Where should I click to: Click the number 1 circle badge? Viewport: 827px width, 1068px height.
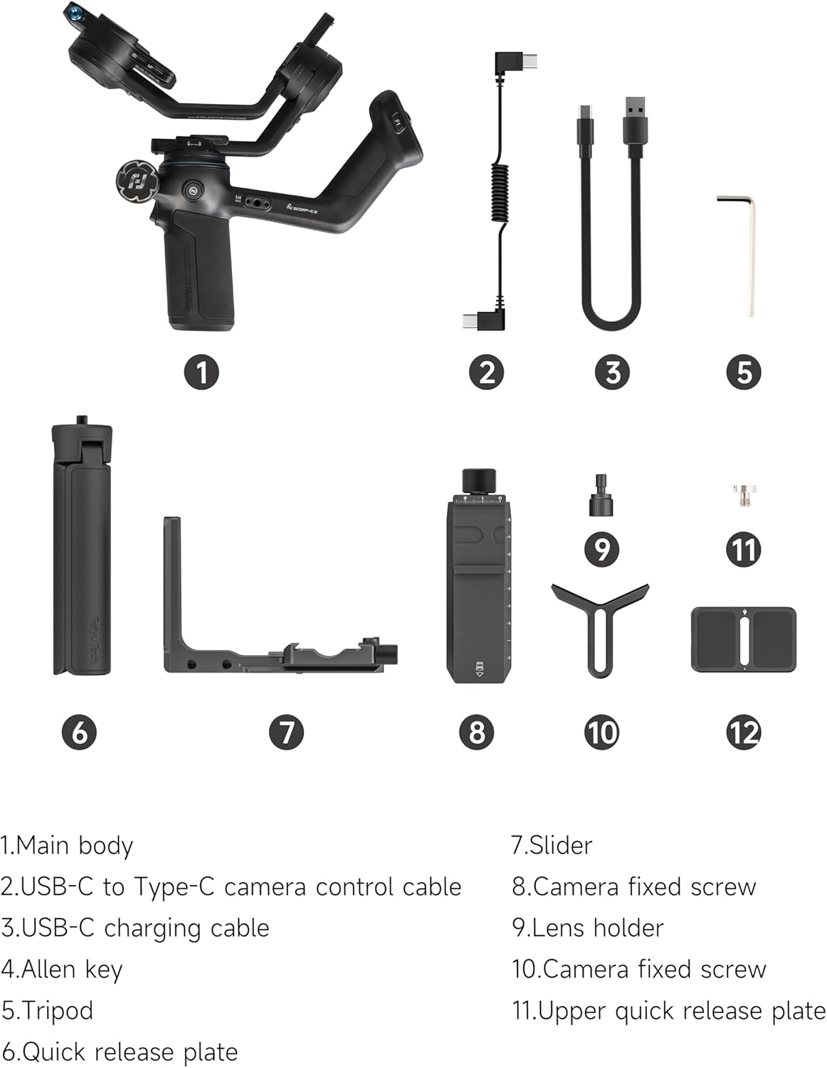[201, 372]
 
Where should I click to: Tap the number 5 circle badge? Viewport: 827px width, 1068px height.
[744, 372]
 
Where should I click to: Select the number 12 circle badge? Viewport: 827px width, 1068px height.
[744, 732]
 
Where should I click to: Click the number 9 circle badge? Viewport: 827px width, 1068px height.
[601, 549]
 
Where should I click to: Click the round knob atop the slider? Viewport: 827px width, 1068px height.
[479, 481]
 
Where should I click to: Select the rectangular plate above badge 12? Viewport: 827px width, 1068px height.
[744, 639]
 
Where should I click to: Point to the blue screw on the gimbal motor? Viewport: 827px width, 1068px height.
[74, 12]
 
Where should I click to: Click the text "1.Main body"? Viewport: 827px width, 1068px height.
[67, 845]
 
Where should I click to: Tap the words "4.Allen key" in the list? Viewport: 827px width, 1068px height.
[62, 969]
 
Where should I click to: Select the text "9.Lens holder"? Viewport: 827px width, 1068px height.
[587, 928]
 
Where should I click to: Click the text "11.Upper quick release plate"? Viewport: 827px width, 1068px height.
[668, 1010]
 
